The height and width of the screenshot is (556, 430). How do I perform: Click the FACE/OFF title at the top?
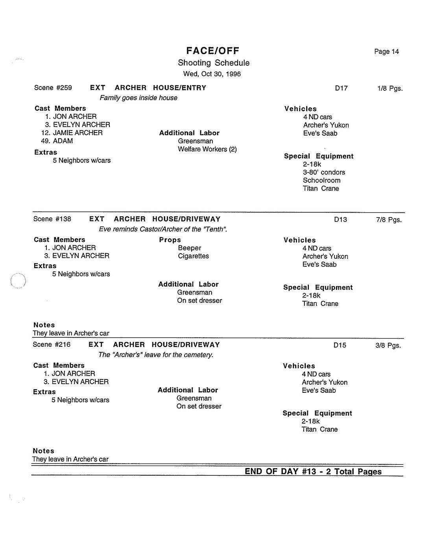(x=212, y=51)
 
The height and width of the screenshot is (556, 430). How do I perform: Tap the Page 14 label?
(x=386, y=52)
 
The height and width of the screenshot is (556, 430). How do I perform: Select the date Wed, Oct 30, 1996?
(x=212, y=74)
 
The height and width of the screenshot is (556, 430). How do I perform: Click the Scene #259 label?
(x=53, y=88)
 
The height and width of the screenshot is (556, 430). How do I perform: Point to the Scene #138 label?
(x=52, y=219)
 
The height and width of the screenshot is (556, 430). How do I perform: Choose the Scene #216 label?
(x=52, y=344)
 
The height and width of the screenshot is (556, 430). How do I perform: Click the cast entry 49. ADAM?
(x=57, y=141)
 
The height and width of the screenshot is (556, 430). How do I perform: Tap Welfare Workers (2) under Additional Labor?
(x=207, y=149)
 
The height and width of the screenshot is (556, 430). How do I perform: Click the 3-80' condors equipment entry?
(x=324, y=172)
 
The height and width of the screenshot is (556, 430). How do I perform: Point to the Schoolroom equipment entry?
(x=321, y=180)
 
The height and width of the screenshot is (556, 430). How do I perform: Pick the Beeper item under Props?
(x=189, y=248)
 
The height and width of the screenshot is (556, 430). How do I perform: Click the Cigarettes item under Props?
(x=193, y=256)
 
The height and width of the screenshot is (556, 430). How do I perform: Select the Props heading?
(x=170, y=240)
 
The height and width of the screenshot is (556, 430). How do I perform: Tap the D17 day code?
(x=341, y=88)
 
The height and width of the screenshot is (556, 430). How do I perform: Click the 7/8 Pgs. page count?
(x=389, y=219)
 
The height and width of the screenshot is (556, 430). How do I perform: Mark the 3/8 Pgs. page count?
(x=388, y=345)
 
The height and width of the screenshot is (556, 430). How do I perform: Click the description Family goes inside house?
(x=138, y=98)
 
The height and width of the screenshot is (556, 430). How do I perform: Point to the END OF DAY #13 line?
(x=313, y=471)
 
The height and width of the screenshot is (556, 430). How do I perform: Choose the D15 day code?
(x=340, y=345)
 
